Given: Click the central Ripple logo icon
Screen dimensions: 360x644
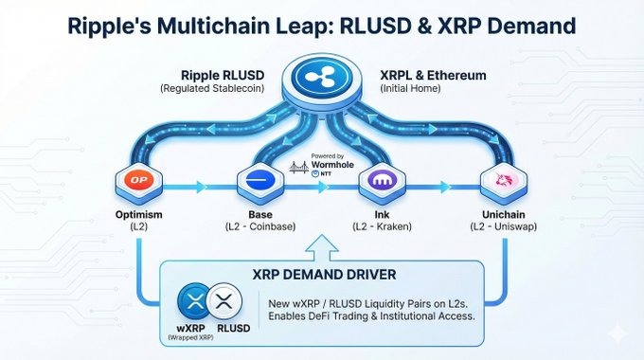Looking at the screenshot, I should coord(322,79).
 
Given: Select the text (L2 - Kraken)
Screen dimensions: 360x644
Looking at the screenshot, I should coord(385,227).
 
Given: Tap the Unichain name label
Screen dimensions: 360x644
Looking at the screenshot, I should coord(502,214).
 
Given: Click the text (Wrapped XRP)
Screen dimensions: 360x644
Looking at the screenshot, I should coord(191,337).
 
